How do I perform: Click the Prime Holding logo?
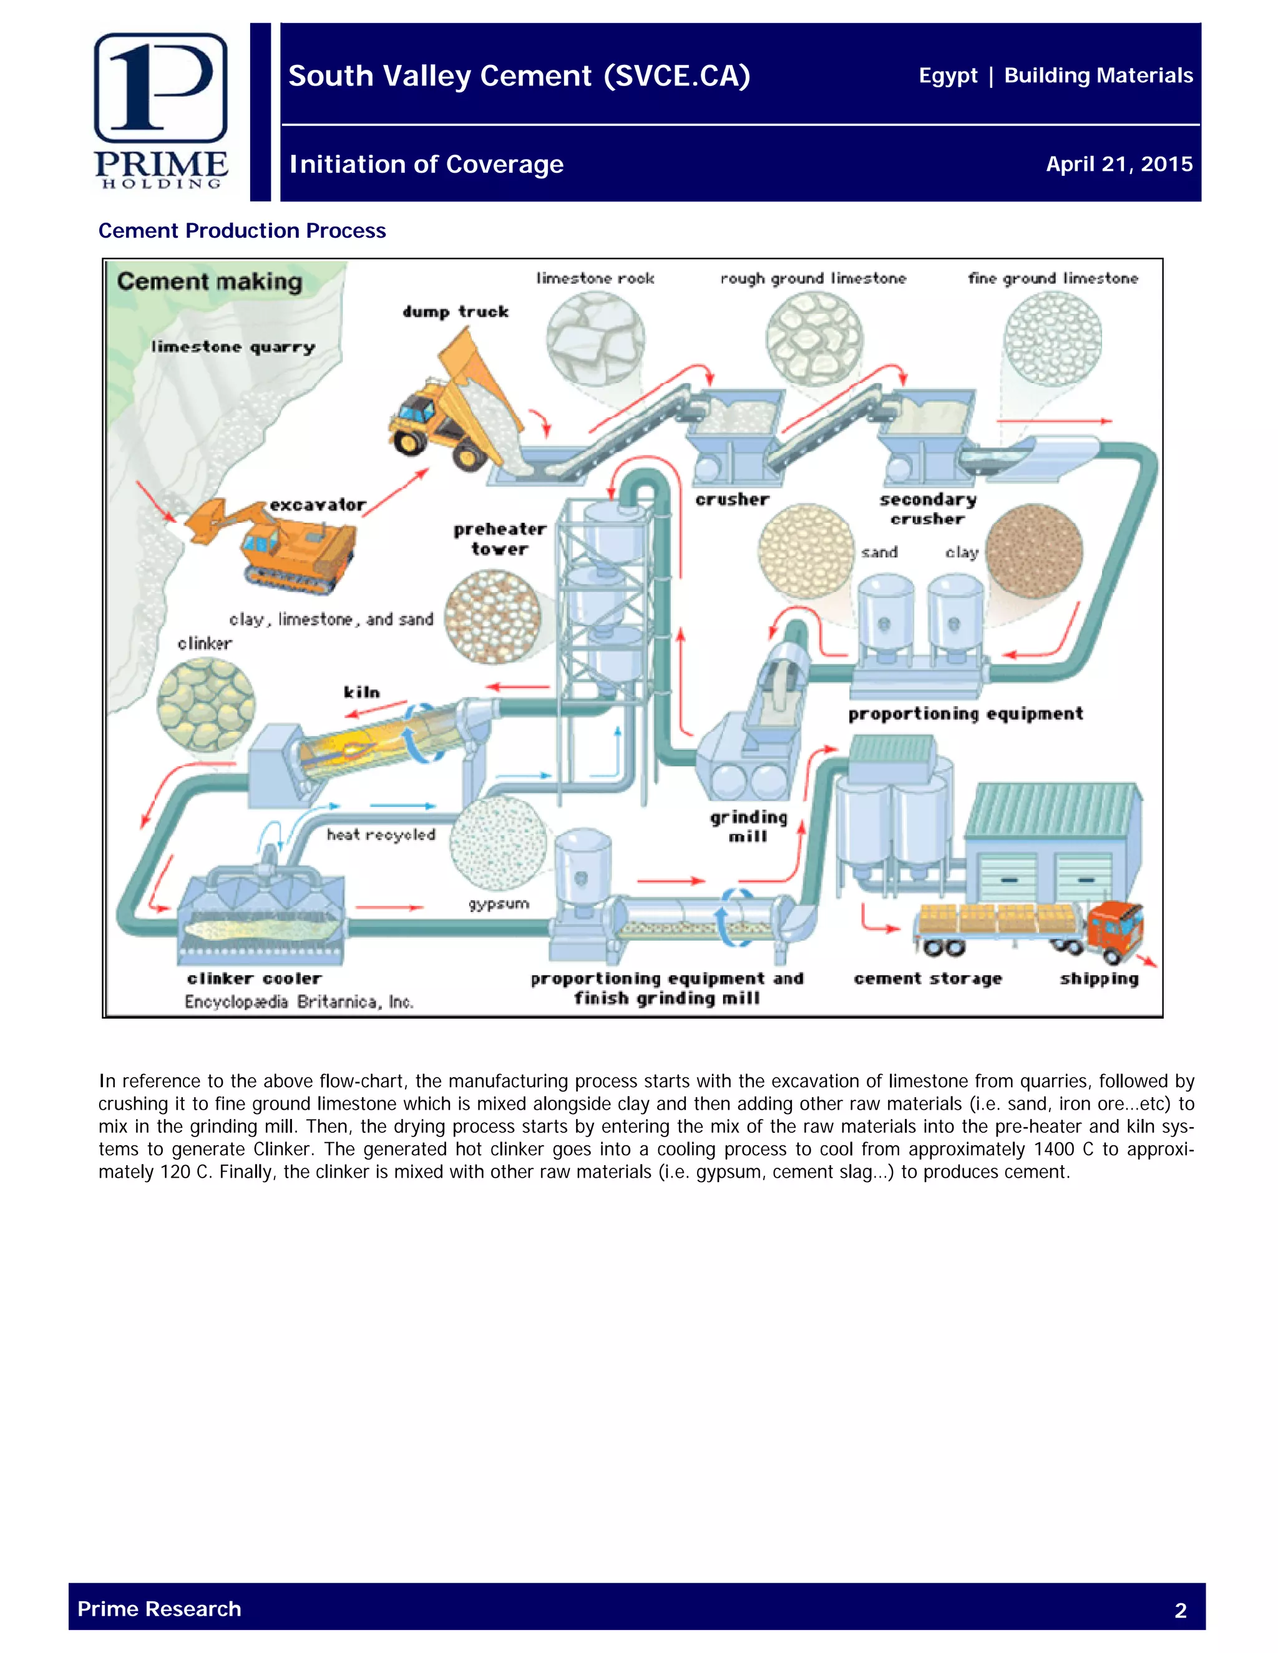tap(160, 110)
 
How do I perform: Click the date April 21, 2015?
tap(1118, 164)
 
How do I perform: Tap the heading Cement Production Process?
tap(242, 231)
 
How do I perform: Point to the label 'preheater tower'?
tap(500, 539)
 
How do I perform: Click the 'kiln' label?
tap(362, 692)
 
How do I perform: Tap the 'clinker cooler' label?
tap(255, 979)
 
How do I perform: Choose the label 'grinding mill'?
tap(748, 826)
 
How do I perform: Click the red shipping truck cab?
tap(1116, 928)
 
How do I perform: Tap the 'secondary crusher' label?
tap(927, 508)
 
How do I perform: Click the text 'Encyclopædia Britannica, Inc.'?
tap(299, 1002)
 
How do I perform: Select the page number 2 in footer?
tap(1180, 1610)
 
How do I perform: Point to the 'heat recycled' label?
tap(381, 835)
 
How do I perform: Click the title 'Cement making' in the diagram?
tap(210, 281)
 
